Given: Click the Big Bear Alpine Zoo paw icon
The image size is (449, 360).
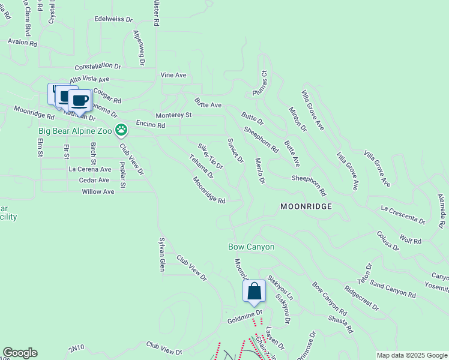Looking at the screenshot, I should pos(122,129).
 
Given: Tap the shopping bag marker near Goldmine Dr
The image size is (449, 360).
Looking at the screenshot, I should pos(254,292).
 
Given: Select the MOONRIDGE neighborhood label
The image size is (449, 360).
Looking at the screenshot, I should pos(306,206).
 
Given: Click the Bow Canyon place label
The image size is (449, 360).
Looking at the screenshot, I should pos(251,247).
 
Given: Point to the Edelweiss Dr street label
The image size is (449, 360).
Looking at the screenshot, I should pos(113,19).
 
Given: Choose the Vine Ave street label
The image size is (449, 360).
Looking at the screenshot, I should pos(173,75).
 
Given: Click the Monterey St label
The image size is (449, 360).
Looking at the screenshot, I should pos(173,115).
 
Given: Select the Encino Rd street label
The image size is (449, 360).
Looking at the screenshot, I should pos(150,125).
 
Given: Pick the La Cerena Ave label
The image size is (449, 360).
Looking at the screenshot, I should pos(90,169).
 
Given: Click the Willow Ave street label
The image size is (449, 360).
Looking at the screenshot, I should pos(98,192).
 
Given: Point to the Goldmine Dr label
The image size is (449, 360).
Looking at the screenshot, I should pos(245,313).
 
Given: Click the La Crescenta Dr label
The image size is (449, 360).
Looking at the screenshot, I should pos(403,215).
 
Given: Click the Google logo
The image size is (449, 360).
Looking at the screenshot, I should pos(20,353).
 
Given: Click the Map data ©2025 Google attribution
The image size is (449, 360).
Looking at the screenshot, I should pos(411,355).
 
